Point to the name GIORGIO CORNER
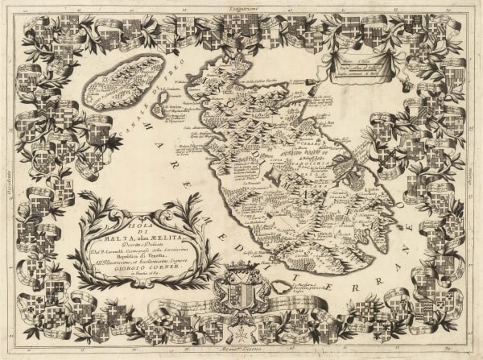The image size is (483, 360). [x=142, y=271]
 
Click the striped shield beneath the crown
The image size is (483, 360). [x=237, y=294]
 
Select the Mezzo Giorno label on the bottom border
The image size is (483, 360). [x=242, y=354]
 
